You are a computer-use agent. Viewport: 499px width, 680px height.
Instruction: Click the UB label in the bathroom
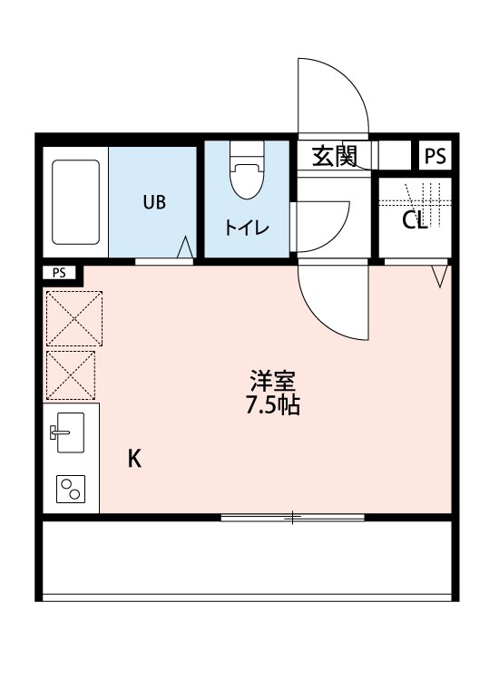point(154,202)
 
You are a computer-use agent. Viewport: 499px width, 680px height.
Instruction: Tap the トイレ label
point(247,228)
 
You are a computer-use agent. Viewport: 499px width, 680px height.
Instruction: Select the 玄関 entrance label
point(335,156)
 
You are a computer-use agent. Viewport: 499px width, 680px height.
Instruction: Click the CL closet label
point(415,220)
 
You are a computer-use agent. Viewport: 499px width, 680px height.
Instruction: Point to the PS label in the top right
point(435,156)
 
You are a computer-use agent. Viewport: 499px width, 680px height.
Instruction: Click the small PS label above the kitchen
point(59,273)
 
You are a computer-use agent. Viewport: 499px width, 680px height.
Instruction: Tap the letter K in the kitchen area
point(134,458)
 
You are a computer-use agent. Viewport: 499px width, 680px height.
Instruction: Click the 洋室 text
point(272,381)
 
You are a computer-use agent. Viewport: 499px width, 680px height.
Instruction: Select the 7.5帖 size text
point(272,405)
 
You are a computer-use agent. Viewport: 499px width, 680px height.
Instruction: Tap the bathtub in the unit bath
point(75,202)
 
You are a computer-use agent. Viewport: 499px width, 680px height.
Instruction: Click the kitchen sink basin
point(70,432)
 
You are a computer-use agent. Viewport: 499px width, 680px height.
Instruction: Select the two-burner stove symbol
point(70,489)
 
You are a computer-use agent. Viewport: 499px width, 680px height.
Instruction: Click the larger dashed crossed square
point(74,318)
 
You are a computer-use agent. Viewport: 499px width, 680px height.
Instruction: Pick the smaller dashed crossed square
point(70,375)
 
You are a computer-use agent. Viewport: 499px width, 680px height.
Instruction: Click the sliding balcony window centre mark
point(292,517)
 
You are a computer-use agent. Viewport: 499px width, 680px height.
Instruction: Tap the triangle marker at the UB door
point(185,248)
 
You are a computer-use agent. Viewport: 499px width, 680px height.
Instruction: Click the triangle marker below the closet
point(440,277)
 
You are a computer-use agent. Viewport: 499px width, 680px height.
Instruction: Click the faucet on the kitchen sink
point(59,432)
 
